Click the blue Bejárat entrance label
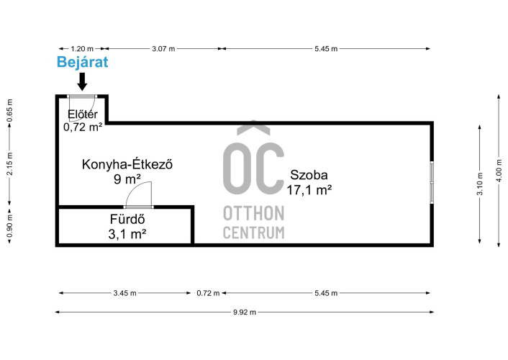pos(82,62)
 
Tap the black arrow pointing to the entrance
pos(82,81)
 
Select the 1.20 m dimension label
pos(82,49)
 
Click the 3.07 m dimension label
pos(163,49)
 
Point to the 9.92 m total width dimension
pos(244,312)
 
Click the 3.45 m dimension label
pos(124,293)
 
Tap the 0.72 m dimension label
pos(208,293)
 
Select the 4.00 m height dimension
pos(499,170)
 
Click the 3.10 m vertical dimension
pos(480,184)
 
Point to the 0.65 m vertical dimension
pos(10,111)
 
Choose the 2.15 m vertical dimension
pos(10,163)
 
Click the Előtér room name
pos(83,114)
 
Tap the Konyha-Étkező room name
pos(127,164)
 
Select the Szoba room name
pos(309,175)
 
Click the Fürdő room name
pos(127,220)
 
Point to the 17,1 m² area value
pos(309,190)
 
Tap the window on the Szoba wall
pos(432,182)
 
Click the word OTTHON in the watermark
pos(254,213)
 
